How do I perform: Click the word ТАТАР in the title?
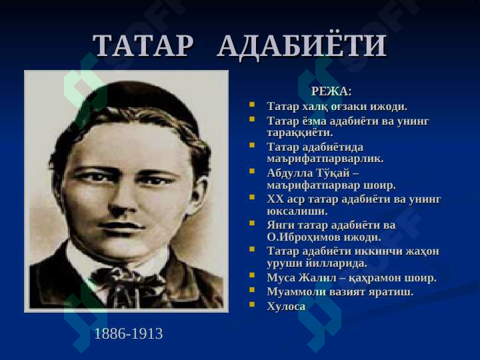tap(143, 45)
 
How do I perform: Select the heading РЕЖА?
tap(331, 91)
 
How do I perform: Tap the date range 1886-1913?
tap(128, 333)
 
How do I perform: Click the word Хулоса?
tap(286, 307)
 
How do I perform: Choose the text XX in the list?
tap(275, 199)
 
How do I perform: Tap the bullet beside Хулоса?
tap(252, 304)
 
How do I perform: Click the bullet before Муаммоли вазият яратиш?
tap(252, 289)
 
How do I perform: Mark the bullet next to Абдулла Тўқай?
tap(252, 171)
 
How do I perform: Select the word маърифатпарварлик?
tap(325, 159)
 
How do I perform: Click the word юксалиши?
tap(297, 211)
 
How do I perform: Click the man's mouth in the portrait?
tap(121, 227)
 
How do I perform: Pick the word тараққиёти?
tap(300, 133)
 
